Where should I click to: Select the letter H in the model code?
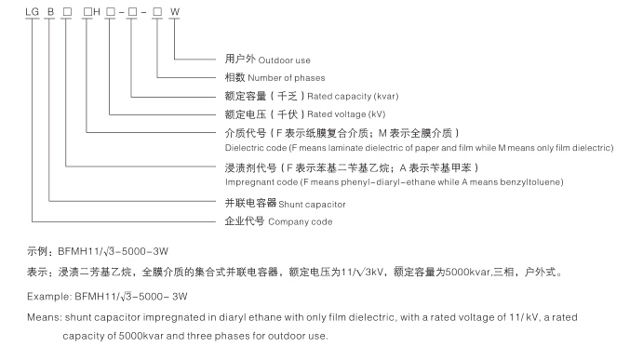(x=96, y=11)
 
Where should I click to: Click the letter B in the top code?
(x=51, y=11)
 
